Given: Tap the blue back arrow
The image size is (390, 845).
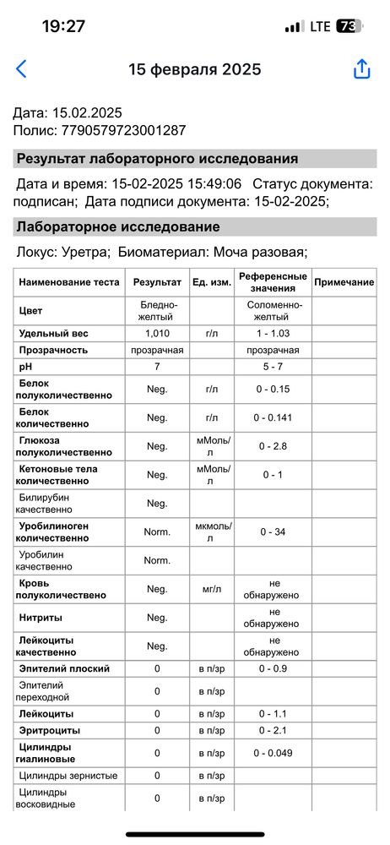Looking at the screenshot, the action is click(x=21, y=69).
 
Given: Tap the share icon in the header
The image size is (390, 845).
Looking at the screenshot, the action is click(x=362, y=69).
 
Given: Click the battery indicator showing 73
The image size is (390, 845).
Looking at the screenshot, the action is click(x=348, y=26).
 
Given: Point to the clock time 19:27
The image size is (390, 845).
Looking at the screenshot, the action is click(x=63, y=26).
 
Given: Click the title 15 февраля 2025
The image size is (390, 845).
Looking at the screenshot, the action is click(x=194, y=69).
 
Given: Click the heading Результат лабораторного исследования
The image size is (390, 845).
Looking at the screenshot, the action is click(x=157, y=159).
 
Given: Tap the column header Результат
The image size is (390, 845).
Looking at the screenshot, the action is click(x=157, y=282).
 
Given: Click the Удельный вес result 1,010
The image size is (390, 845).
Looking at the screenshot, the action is click(x=157, y=334).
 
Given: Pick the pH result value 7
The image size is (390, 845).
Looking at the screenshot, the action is click(x=157, y=368).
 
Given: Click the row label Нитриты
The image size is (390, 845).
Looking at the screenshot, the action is click(x=41, y=618).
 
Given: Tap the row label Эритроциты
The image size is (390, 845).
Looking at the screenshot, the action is click(x=50, y=730).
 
